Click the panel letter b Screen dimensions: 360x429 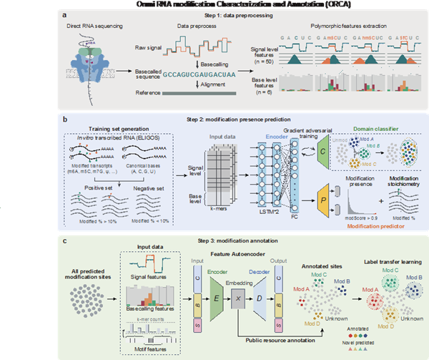(x=65, y=115)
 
